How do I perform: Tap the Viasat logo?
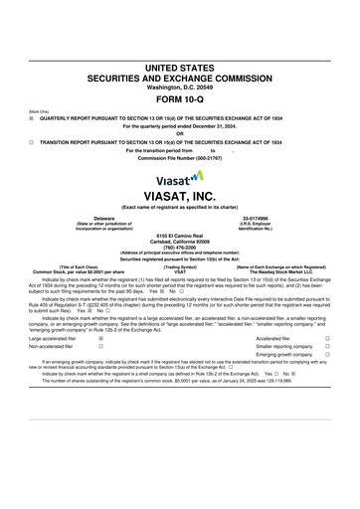click(x=180, y=176)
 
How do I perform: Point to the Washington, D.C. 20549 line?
click(x=180, y=86)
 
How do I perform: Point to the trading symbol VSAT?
click(x=180, y=271)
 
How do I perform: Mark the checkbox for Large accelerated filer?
click(x=101, y=338)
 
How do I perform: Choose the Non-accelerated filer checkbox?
click(x=101, y=346)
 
